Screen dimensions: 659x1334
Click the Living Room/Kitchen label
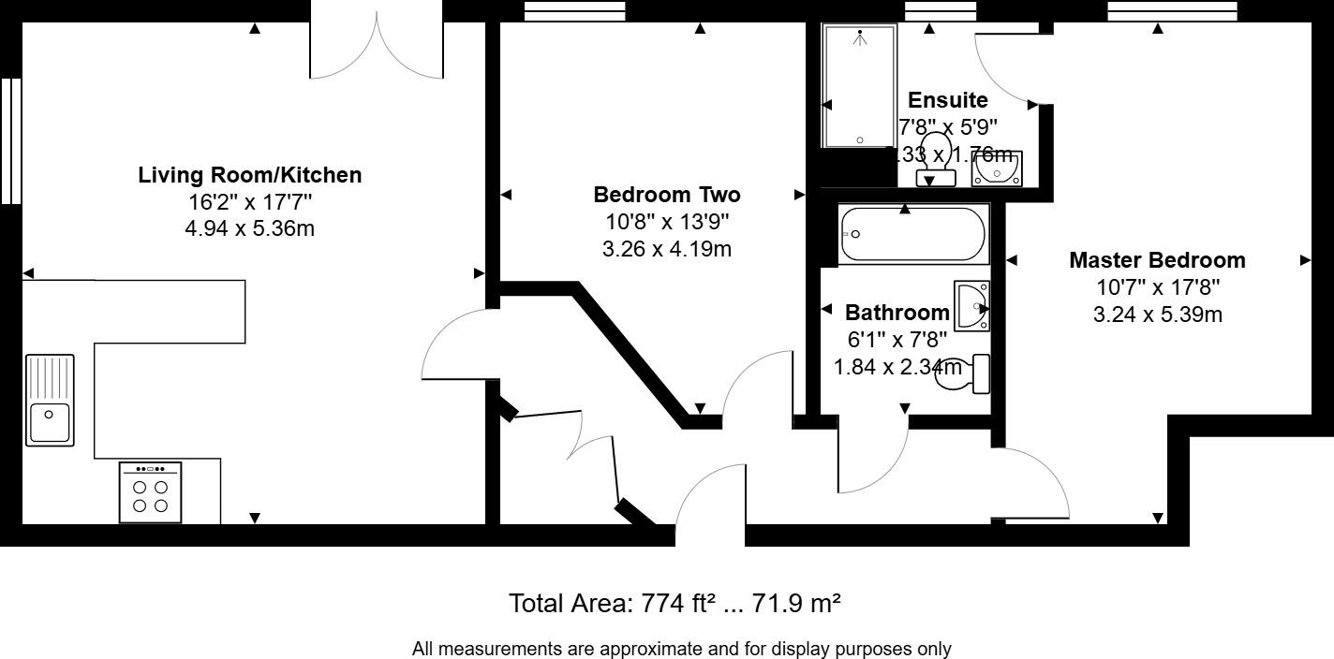click(249, 175)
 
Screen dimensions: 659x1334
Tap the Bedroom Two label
click(666, 195)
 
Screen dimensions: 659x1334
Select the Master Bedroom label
click(1157, 260)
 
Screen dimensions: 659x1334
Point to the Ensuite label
click(948, 100)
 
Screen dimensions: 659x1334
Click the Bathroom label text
click(897, 313)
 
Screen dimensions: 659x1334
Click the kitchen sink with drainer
click(50, 400)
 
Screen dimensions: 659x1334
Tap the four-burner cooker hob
click(150, 492)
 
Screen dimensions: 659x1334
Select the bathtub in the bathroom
click(912, 234)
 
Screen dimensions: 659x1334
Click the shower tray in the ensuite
click(859, 86)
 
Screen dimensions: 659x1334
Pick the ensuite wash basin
click(997, 169)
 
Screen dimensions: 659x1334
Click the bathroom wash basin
click(972, 306)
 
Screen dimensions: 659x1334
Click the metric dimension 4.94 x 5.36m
click(249, 227)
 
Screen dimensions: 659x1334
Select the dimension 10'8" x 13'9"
click(666, 223)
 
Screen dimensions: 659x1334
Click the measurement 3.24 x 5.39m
click(1157, 315)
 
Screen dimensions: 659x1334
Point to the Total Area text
click(674, 603)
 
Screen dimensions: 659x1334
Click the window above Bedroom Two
click(574, 10)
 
